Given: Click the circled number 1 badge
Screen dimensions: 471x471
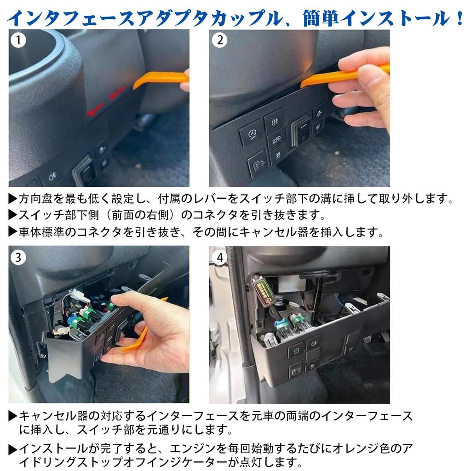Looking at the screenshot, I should [18, 40].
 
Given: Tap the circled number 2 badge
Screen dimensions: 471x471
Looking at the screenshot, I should [219, 40].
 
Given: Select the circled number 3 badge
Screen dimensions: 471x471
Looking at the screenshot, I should [18, 257].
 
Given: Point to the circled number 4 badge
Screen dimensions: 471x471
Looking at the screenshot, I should [219, 257].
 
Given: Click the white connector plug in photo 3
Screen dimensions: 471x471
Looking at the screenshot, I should [78, 294].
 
